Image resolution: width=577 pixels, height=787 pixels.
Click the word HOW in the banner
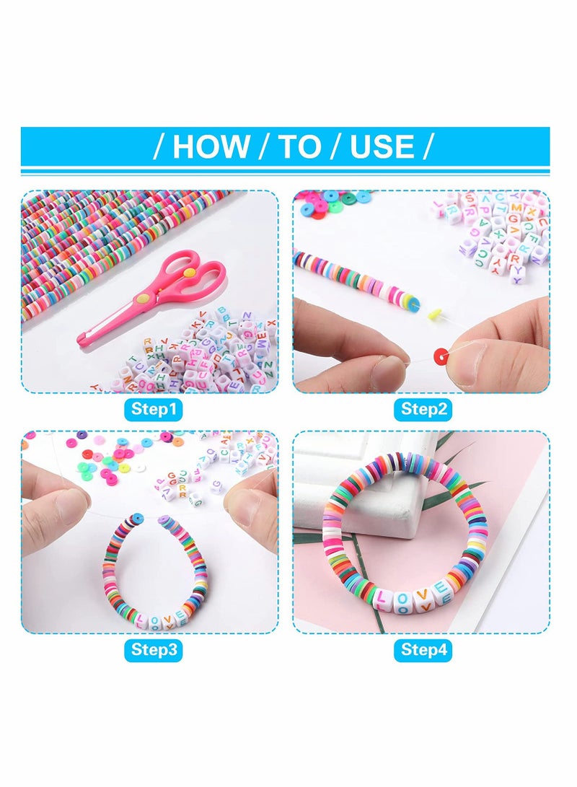(211, 146)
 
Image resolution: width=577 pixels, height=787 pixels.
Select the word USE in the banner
(382, 146)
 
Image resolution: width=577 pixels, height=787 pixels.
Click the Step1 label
(154, 410)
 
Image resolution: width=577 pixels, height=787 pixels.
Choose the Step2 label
(424, 410)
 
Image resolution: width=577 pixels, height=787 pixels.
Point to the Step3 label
(154, 649)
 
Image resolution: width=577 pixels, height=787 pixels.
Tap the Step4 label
(424, 649)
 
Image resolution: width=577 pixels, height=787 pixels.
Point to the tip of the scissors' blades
(82, 338)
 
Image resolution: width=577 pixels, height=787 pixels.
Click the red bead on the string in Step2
(440, 356)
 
